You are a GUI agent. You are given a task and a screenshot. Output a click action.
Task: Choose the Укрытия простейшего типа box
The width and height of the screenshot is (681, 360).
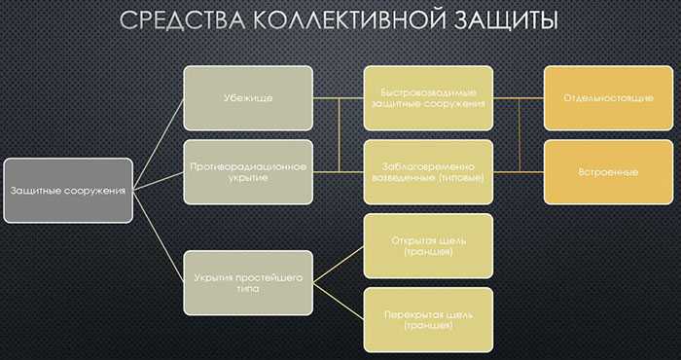tap(248, 283)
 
